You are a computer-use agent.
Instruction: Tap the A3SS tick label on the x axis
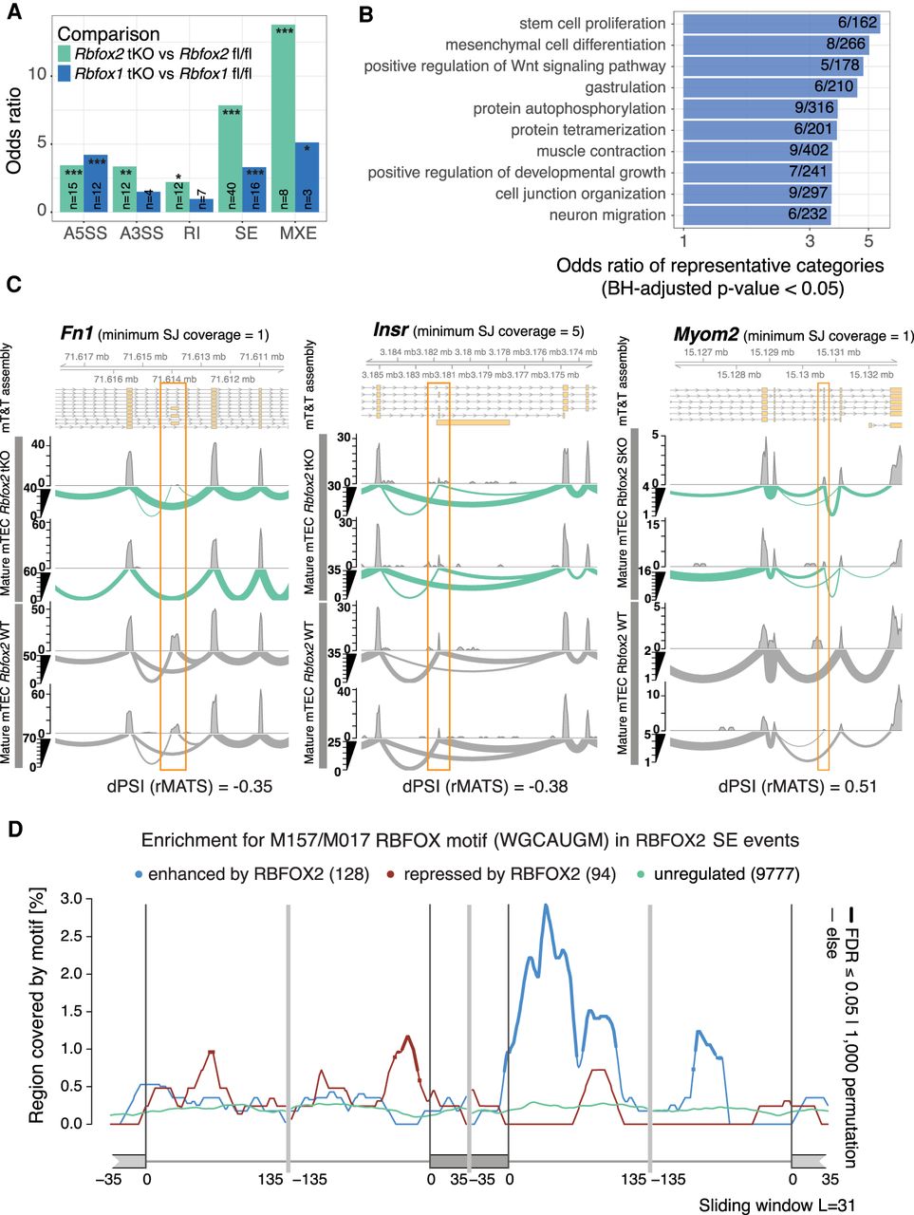(x=140, y=233)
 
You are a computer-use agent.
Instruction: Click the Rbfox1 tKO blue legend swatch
(x=65, y=70)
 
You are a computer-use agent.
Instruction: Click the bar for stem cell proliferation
(x=781, y=24)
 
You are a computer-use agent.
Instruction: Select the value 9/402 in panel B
(x=809, y=151)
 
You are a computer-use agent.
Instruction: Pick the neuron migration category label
(x=606, y=215)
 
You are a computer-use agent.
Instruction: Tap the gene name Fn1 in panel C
(x=75, y=332)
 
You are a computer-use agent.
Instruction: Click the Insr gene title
(x=390, y=330)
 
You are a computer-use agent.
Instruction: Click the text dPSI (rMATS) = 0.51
(x=796, y=786)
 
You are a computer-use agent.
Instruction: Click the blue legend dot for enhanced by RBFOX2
(x=140, y=874)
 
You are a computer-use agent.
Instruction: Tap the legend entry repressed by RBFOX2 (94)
(x=498, y=874)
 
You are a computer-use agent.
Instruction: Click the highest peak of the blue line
(x=546, y=906)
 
